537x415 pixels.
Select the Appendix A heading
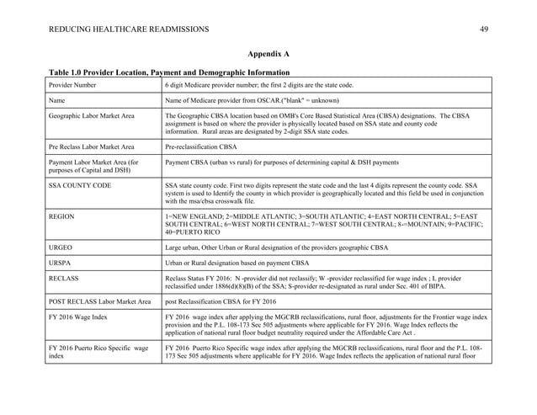tap(268, 54)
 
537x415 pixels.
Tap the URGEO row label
tap(62, 248)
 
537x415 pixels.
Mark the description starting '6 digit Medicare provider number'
tap(259, 85)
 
